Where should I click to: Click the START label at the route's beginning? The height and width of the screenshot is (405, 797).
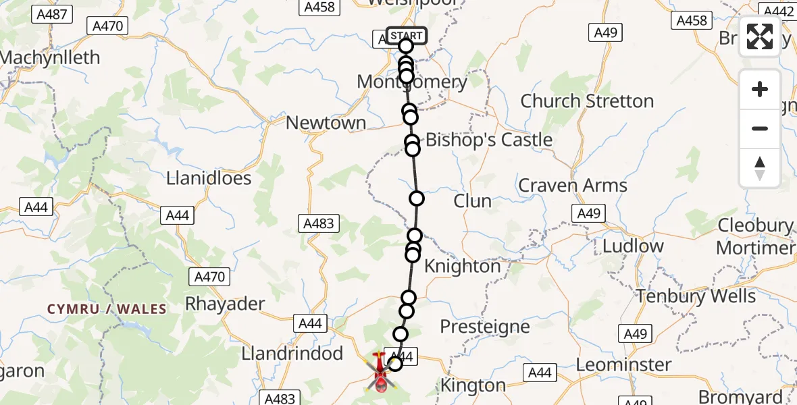(406, 35)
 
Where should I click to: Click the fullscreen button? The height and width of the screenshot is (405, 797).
(760, 36)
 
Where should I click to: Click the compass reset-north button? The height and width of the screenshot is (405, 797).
(760, 168)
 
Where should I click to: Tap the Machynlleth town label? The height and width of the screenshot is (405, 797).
(50, 58)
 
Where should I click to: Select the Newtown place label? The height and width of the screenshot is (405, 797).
(326, 123)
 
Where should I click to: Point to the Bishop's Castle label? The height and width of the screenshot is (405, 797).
(489, 140)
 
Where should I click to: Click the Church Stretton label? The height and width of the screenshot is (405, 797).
(587, 101)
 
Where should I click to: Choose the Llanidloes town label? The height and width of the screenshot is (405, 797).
(209, 178)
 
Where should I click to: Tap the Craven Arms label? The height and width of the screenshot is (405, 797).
(573, 185)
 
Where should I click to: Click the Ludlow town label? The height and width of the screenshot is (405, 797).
(633, 246)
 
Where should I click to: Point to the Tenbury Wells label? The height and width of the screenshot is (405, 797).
(696, 296)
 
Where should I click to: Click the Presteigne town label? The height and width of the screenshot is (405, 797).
(485, 327)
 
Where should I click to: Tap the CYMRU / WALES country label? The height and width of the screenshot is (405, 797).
(107, 309)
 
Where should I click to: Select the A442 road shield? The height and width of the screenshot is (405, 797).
(777, 11)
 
